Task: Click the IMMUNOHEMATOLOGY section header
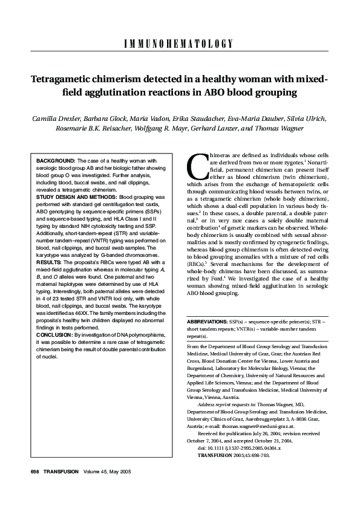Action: (x=180, y=44)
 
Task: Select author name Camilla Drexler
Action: (x=57, y=118)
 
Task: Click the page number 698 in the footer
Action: (x=35, y=472)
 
